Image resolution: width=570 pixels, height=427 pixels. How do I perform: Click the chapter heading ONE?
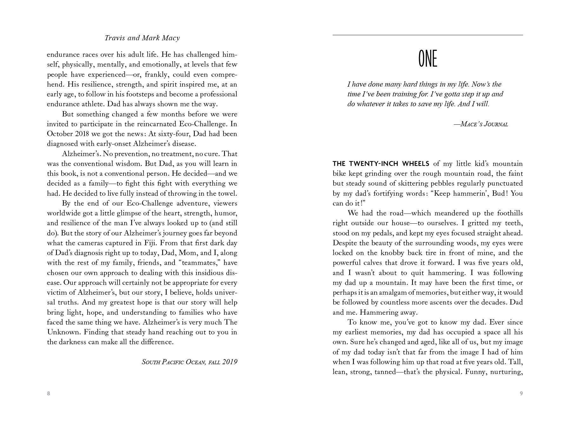tap(428, 59)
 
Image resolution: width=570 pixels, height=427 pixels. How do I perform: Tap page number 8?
tap(49, 394)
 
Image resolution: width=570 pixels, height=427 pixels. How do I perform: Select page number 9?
tap(521, 394)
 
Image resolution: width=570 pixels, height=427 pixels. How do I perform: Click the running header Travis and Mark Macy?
tap(142, 38)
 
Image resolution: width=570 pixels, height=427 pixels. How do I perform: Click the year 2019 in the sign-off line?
tap(230, 362)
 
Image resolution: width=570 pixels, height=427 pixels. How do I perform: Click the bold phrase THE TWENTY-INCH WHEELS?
tap(381, 164)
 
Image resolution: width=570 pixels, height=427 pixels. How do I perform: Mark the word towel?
tap(228, 194)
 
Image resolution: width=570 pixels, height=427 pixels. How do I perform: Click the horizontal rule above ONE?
tap(428, 35)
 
